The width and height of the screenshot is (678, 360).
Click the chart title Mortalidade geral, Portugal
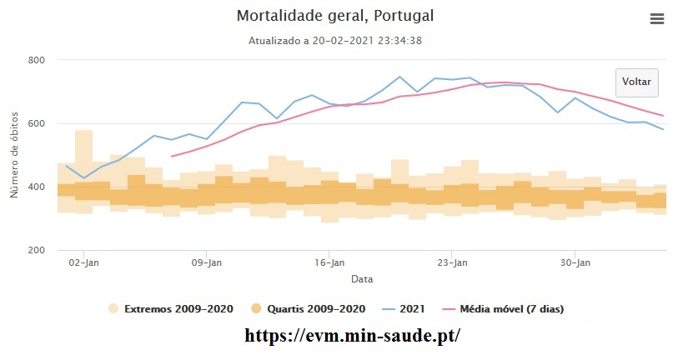click(335, 17)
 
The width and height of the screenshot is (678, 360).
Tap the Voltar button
click(636, 82)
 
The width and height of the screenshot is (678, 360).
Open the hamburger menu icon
click(656, 19)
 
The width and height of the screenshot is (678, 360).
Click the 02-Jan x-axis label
click(84, 262)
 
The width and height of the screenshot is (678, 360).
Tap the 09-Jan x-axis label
click(207, 262)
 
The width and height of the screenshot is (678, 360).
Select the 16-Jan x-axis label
click(329, 262)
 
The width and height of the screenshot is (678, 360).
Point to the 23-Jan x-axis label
click(452, 262)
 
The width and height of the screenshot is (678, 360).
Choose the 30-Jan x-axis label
click(575, 262)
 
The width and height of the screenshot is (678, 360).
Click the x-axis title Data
click(361, 278)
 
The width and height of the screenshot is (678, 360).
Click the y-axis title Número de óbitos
click(14, 156)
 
